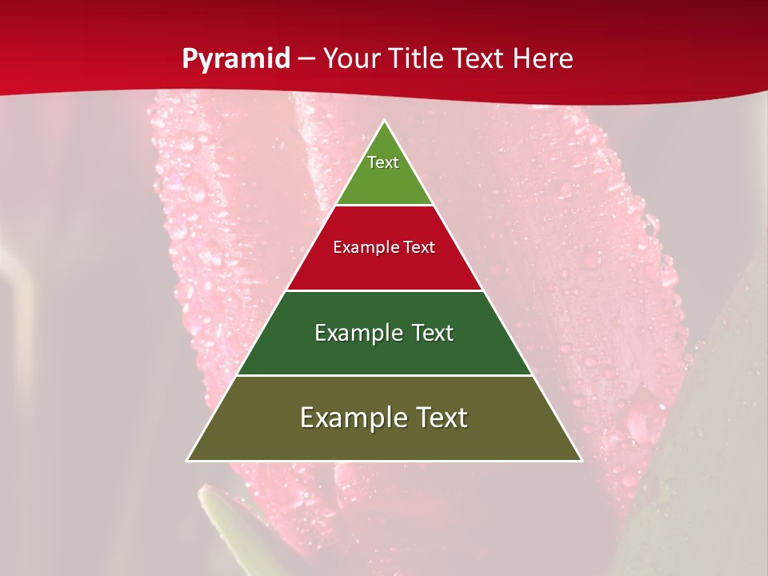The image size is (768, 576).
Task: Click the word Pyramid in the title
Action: (236, 59)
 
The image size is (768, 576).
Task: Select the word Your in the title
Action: (352, 59)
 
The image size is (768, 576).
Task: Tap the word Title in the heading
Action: (417, 59)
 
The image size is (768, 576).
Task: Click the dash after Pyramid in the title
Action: (306, 59)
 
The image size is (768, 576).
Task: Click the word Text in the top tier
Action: (383, 162)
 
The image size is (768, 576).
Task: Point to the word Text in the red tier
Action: (420, 248)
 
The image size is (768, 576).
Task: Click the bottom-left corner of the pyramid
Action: (187, 460)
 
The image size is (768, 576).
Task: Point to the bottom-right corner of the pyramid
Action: (582, 460)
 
